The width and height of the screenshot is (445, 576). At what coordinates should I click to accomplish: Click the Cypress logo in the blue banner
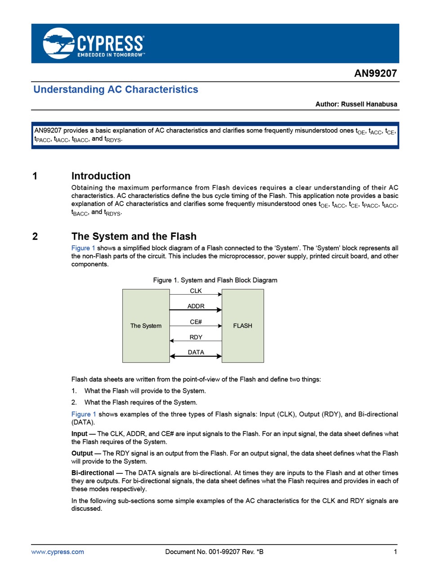point(93,43)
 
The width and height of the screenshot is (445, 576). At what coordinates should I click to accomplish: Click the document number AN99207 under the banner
point(375,73)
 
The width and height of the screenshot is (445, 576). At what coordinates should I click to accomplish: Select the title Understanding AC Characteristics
point(116,89)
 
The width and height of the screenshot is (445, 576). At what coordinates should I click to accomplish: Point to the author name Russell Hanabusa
point(369,104)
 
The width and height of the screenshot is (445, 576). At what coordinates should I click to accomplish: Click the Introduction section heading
point(101,176)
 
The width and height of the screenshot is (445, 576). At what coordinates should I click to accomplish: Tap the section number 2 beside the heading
point(35,236)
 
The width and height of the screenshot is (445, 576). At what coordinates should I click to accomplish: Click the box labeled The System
point(146,326)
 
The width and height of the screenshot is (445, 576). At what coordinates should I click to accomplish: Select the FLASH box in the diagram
point(243,326)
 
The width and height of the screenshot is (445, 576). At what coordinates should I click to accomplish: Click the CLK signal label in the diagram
point(196,291)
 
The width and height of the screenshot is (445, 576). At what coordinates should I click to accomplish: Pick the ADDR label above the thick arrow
point(196,306)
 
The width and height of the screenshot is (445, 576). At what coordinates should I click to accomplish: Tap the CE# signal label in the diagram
point(196,322)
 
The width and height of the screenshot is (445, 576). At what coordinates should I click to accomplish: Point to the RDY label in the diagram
point(196,337)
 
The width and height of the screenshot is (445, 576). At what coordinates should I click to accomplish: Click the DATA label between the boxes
point(196,352)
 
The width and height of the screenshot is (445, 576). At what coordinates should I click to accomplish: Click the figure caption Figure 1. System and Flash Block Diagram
point(215,280)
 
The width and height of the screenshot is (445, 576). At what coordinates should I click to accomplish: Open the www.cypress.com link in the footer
point(58,552)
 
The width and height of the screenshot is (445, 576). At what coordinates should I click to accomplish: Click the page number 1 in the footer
point(396,552)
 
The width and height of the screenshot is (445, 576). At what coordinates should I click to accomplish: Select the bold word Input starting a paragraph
point(79,434)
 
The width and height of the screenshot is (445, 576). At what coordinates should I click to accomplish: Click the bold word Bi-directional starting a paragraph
point(93,473)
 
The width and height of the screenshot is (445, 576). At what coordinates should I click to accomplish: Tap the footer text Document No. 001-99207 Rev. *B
point(214,552)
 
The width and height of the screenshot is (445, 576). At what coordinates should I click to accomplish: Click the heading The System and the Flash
point(133,236)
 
